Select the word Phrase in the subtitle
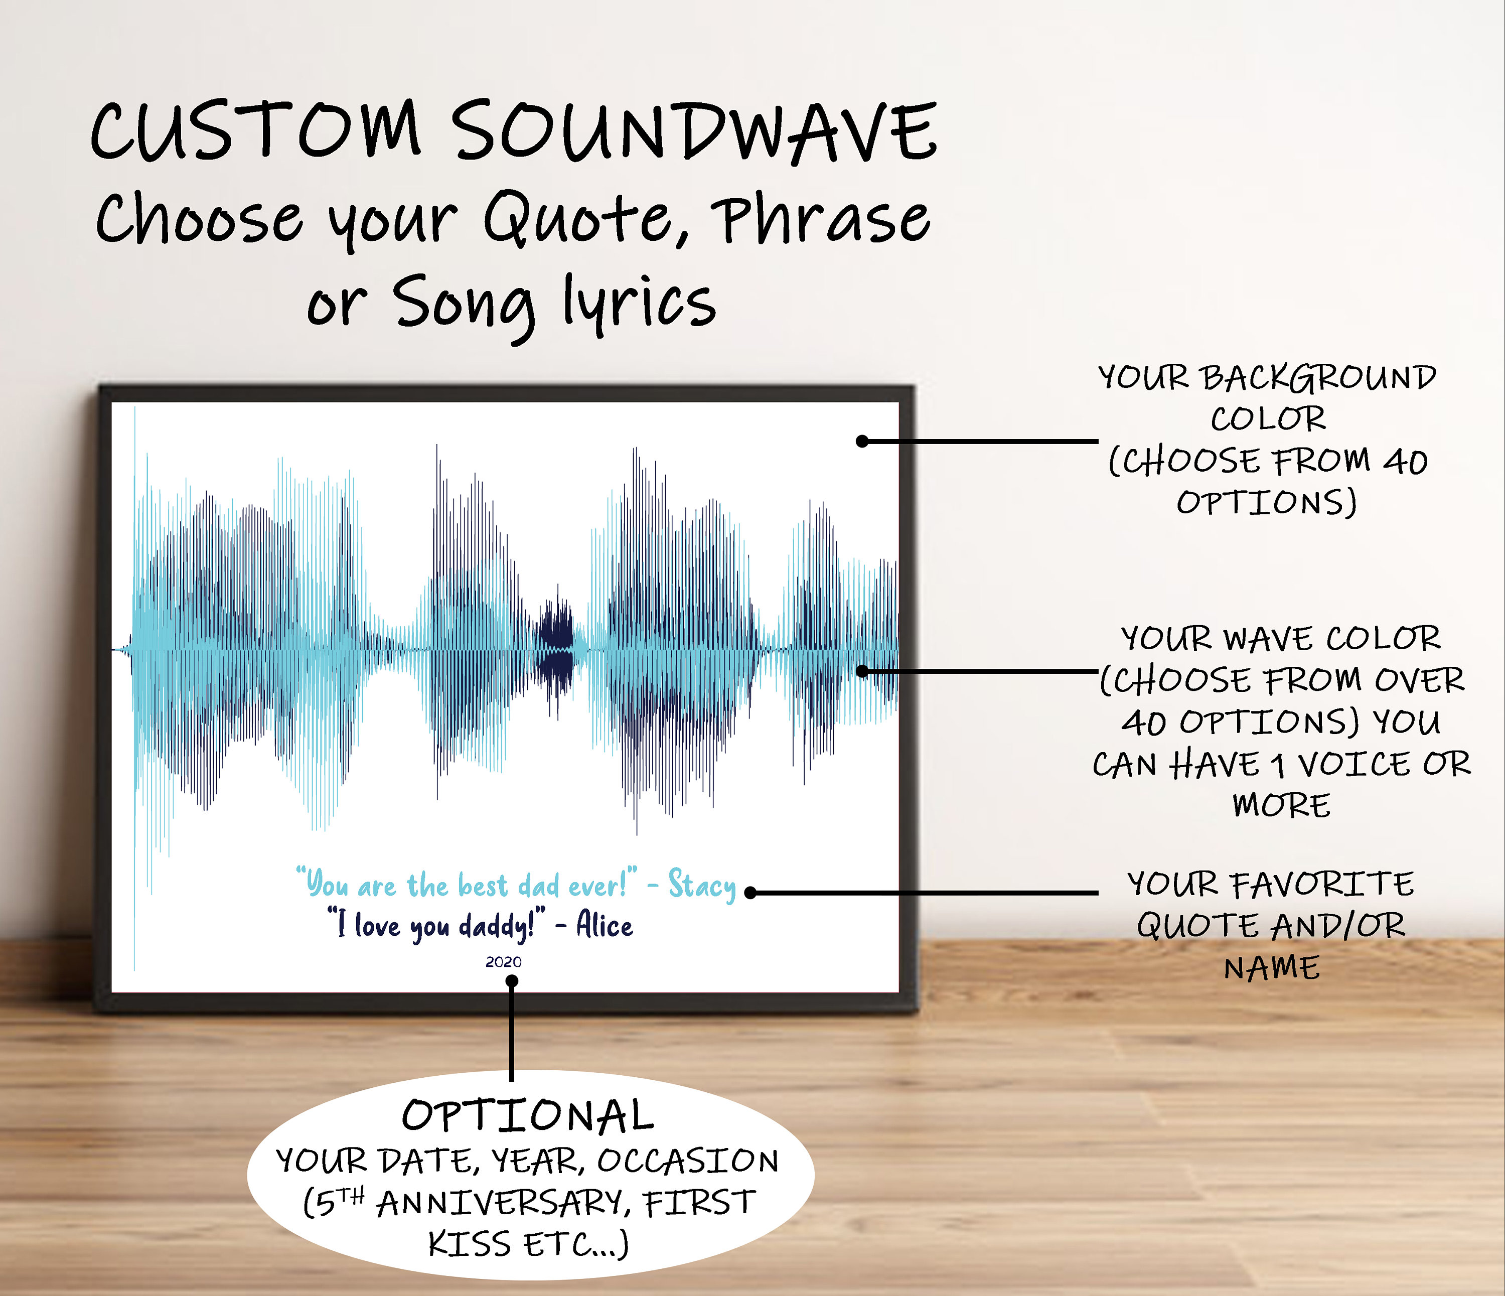pyautogui.click(x=821, y=218)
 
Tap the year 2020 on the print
pyautogui.click(x=503, y=962)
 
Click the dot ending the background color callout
pyautogui.click(x=862, y=441)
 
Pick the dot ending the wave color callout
pyautogui.click(x=862, y=670)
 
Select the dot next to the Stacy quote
pyautogui.click(x=750, y=893)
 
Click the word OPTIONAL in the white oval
pyautogui.click(x=528, y=1116)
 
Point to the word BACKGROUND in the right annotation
pyautogui.click(x=1318, y=378)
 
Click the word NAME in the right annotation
pyautogui.click(x=1272, y=968)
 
